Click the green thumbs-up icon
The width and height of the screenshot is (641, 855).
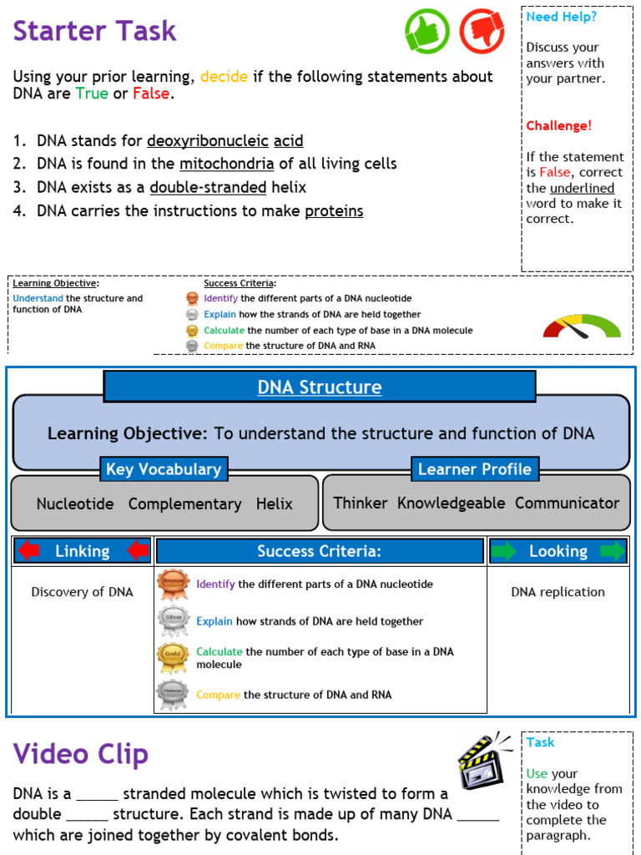427,31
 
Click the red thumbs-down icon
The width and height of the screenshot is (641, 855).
482,31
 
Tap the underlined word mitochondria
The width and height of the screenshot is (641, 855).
226,164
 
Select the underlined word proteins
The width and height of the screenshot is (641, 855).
334,211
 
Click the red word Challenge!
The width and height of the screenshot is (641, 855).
558,126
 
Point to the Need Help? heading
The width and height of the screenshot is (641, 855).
561,17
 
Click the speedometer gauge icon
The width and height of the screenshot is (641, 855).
582,326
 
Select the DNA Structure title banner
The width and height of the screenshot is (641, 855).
319,387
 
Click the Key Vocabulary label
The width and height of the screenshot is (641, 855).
164,469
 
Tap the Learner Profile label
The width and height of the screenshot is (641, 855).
474,469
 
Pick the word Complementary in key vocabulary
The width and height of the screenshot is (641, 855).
184,503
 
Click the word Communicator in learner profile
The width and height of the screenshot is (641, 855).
567,503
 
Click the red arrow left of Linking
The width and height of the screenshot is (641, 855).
29,551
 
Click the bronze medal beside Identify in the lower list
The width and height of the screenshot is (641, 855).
174,584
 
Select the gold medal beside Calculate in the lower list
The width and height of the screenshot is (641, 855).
173,657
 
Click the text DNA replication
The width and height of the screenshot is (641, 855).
558,592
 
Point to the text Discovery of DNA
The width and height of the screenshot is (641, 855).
82,592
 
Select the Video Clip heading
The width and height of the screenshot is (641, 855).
80,754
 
